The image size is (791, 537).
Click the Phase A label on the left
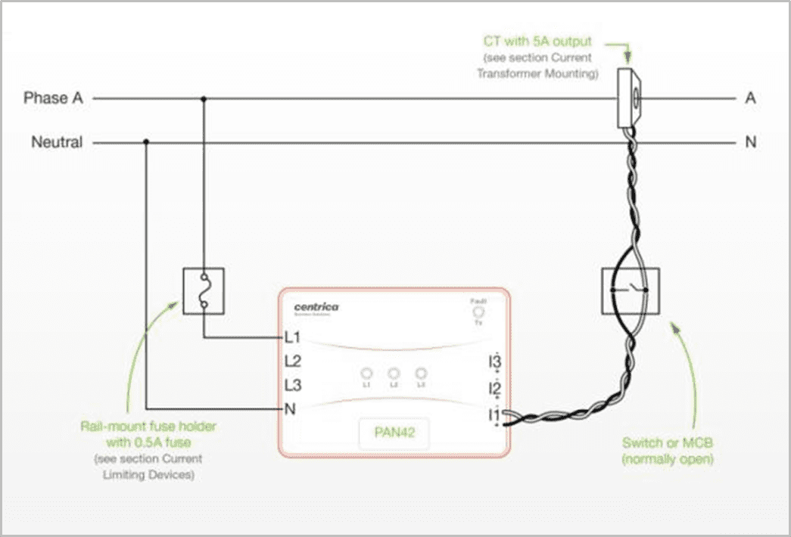pos(53,98)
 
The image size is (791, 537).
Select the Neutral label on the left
pos(57,142)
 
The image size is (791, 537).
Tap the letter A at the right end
pos(750,98)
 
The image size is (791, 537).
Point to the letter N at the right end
pos(750,142)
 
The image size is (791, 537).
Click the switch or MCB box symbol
pos(630,290)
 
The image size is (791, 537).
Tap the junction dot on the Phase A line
pos(204,98)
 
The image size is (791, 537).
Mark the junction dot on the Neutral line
pos(146,141)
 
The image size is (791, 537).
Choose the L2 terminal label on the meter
pos(293,362)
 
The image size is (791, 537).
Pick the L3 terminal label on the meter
pos(293,386)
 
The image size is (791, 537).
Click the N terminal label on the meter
pos(289,410)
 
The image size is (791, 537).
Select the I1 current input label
pos(494,414)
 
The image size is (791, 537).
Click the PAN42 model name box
pos(394,434)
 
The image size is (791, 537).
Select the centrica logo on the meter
pos(316,307)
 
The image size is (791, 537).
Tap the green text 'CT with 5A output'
pos(538,41)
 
